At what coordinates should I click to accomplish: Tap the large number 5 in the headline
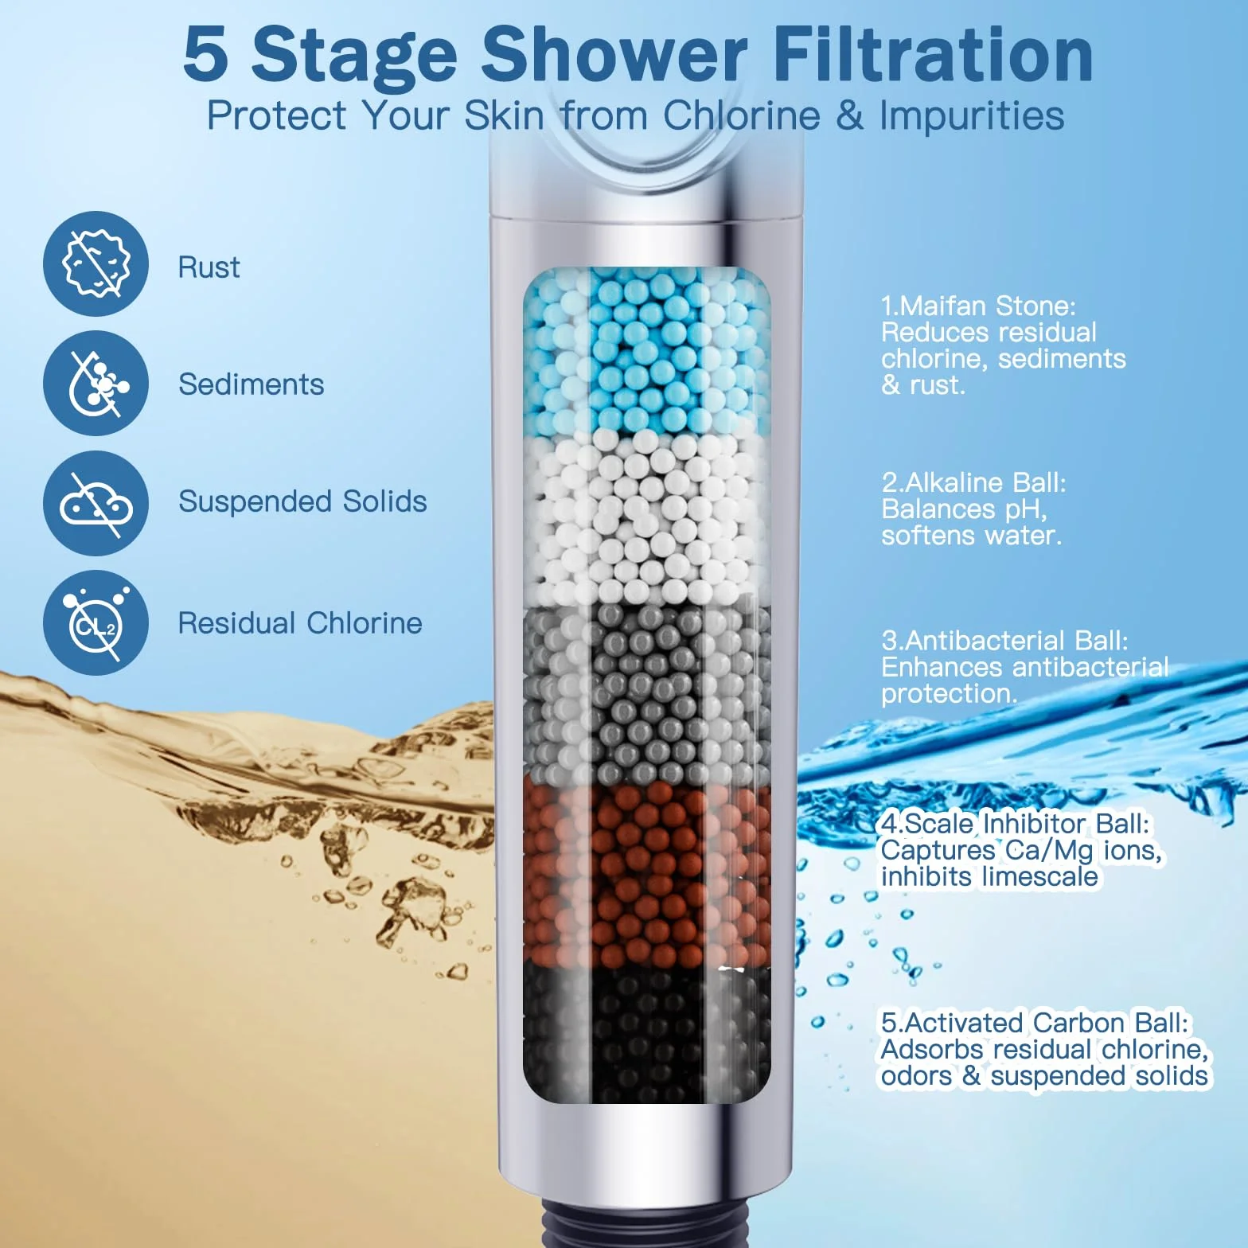pyautogui.click(x=206, y=54)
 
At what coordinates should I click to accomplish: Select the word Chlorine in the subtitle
pyautogui.click(x=742, y=115)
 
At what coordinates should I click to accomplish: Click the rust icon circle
pyautogui.click(x=96, y=263)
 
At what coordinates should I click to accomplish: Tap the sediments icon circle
pyautogui.click(x=96, y=383)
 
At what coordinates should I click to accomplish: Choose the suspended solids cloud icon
pyautogui.click(x=96, y=503)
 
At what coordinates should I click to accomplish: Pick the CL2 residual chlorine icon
pyautogui.click(x=96, y=622)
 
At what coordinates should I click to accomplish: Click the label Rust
pyautogui.click(x=209, y=267)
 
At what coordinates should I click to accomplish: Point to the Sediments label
pyautogui.click(x=252, y=384)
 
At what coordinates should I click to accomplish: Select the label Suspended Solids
pyautogui.click(x=302, y=501)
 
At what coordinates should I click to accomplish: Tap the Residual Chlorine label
pyautogui.click(x=300, y=623)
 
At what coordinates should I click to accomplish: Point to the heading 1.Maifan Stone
pyautogui.click(x=978, y=306)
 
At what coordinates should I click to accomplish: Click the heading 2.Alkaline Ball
pyautogui.click(x=973, y=482)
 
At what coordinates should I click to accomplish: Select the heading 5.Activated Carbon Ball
pyautogui.click(x=1035, y=1023)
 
